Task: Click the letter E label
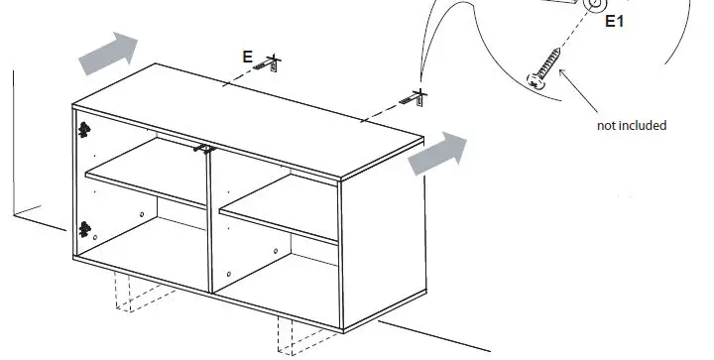tap(247, 58)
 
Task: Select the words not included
tap(631, 126)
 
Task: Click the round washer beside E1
tap(594, 5)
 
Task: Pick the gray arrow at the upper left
tap(107, 53)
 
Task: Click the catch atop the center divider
tap(204, 148)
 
